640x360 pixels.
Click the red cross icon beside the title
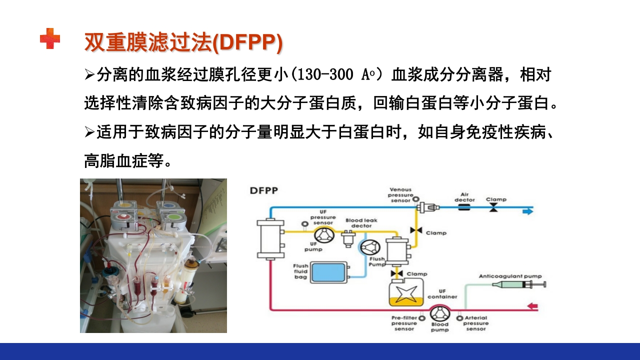[50, 39]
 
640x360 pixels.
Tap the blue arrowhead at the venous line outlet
[528, 211]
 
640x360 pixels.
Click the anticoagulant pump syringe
[517, 284]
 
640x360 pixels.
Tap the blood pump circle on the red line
[439, 313]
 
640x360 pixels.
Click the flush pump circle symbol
[371, 246]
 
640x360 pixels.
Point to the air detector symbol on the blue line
[464, 206]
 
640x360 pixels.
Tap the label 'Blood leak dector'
[361, 223]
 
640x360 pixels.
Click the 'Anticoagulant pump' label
[510, 276]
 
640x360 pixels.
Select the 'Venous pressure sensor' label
[400, 195]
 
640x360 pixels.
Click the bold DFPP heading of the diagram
[264, 190]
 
